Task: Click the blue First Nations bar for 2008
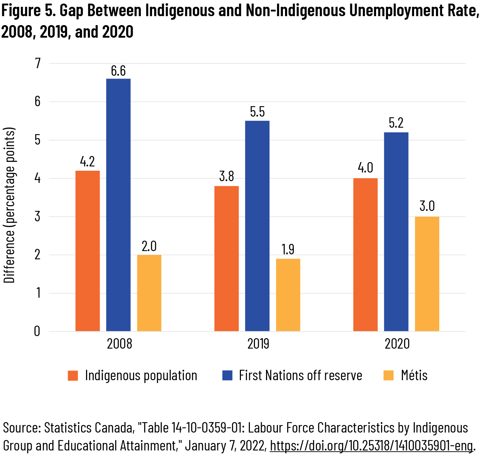118,204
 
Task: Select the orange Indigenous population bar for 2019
226,258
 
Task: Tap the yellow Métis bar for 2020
427,274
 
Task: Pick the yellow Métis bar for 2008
149,293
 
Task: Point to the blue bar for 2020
396,231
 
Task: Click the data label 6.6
118,71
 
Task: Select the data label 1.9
288,249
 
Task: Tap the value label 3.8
226,176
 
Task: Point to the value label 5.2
396,123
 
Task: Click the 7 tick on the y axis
38,63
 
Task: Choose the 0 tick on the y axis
37,331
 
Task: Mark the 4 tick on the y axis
38,178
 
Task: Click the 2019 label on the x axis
258,344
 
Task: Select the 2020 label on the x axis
397,344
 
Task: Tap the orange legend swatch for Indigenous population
73,376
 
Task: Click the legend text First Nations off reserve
300,376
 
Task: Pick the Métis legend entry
414,376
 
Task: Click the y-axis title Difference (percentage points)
10,205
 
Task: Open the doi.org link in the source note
371,445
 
